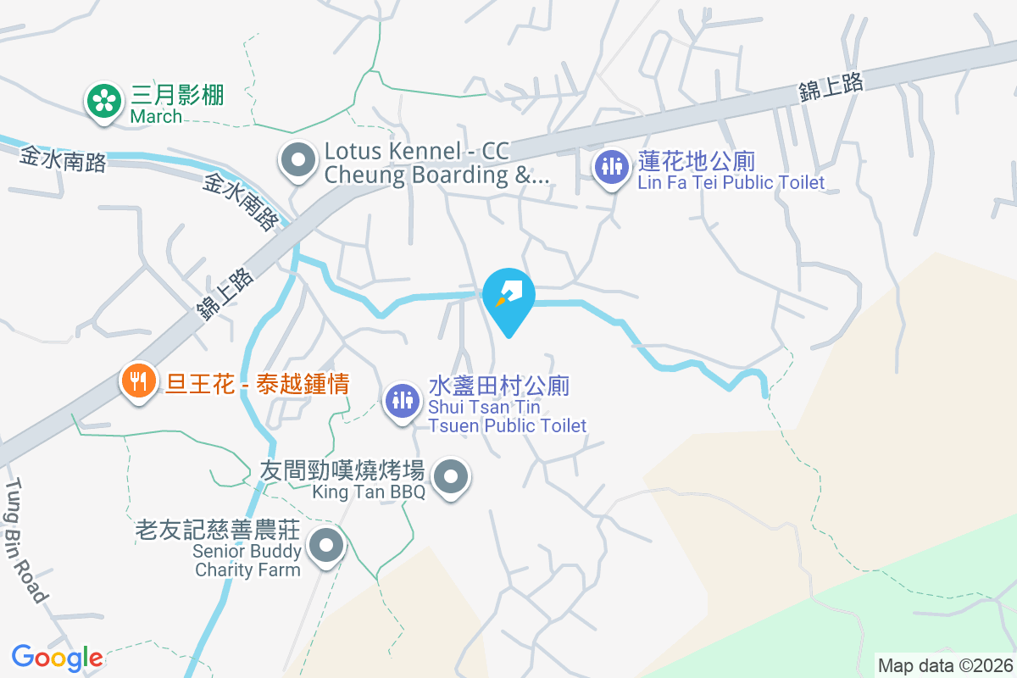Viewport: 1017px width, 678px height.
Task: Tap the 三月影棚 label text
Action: point(177,95)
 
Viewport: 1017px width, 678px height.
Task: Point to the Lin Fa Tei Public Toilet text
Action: point(731,183)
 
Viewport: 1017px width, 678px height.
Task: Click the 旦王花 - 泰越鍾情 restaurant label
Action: point(258,384)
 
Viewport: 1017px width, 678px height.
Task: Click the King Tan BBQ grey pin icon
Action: point(452,477)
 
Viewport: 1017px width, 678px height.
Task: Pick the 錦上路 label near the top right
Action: point(831,86)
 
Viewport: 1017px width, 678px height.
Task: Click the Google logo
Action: point(57,657)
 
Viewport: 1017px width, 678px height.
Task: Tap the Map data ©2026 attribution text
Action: point(944,665)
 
